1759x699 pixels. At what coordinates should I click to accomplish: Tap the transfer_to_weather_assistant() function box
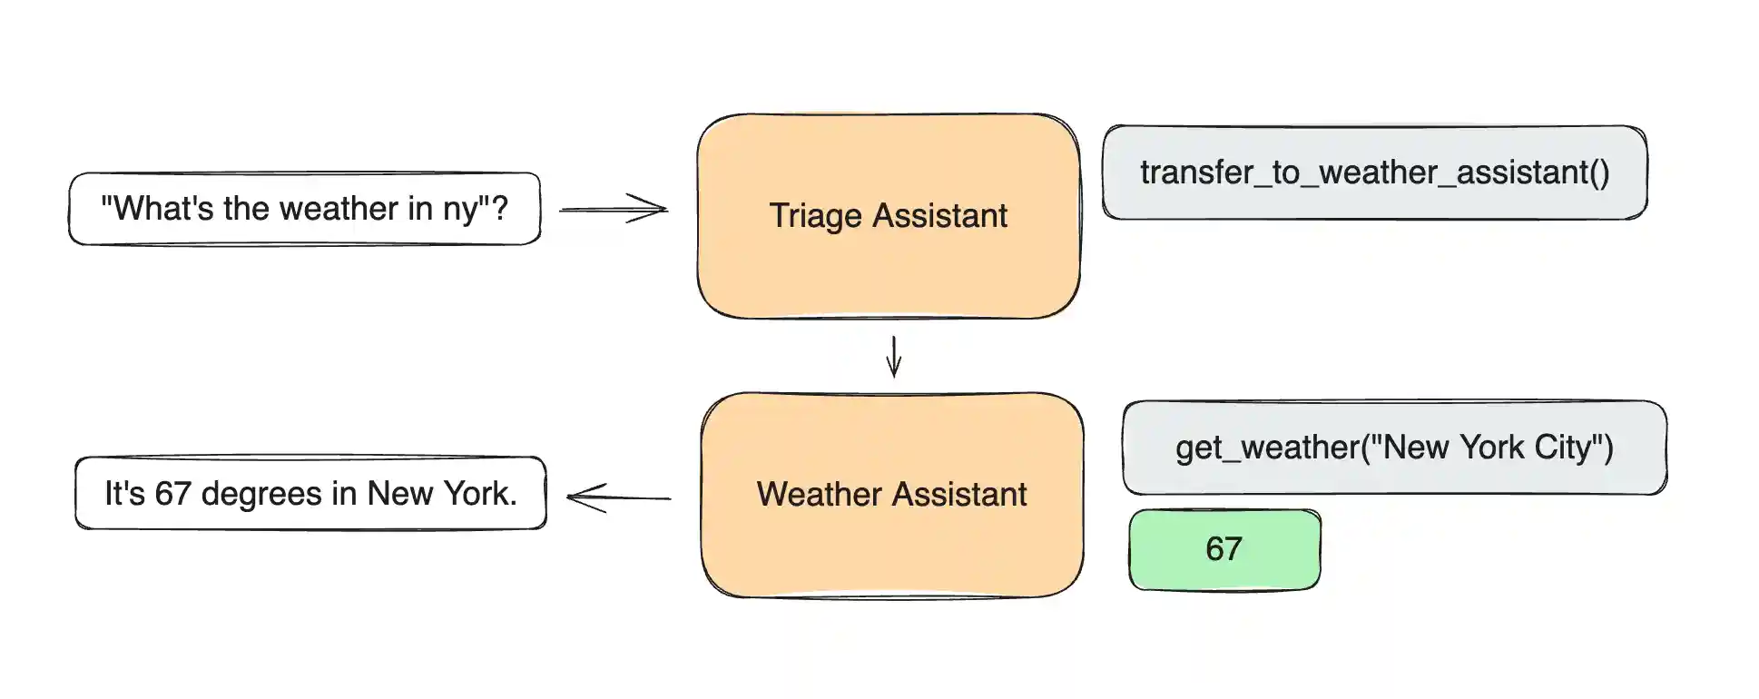click(x=1374, y=172)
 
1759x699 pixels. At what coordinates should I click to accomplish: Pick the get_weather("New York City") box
click(x=1394, y=448)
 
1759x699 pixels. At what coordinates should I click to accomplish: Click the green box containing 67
click(x=1223, y=549)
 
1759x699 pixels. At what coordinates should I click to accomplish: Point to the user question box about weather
click(x=305, y=209)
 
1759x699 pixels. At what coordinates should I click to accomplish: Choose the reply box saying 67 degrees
click(x=310, y=494)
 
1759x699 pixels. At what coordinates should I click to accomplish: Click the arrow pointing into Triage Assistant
click(x=614, y=209)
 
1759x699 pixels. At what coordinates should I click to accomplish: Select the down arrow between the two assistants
click(x=894, y=356)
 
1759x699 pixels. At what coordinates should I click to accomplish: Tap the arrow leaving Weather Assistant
click(x=618, y=497)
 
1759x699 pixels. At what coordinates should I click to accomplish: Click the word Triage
click(x=815, y=216)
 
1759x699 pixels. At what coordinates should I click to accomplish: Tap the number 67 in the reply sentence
click(x=172, y=494)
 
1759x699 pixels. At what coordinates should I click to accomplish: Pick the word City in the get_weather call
click(x=1562, y=448)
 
